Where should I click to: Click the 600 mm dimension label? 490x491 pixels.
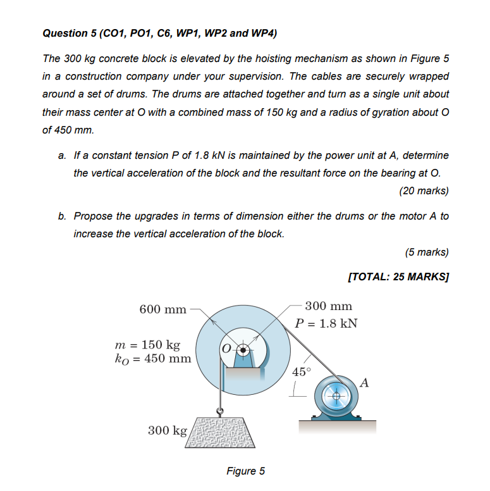[162, 309]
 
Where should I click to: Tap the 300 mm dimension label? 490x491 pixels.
[328, 306]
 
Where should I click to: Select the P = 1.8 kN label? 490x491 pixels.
[326, 323]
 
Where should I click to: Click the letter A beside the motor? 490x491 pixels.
[365, 382]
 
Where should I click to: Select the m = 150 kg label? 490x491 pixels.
[147, 345]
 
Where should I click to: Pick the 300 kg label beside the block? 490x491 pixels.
[167, 431]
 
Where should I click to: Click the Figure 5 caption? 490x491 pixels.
[245, 471]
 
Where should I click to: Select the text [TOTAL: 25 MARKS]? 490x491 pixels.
[398, 277]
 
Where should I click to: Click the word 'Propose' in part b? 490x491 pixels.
[92, 216]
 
